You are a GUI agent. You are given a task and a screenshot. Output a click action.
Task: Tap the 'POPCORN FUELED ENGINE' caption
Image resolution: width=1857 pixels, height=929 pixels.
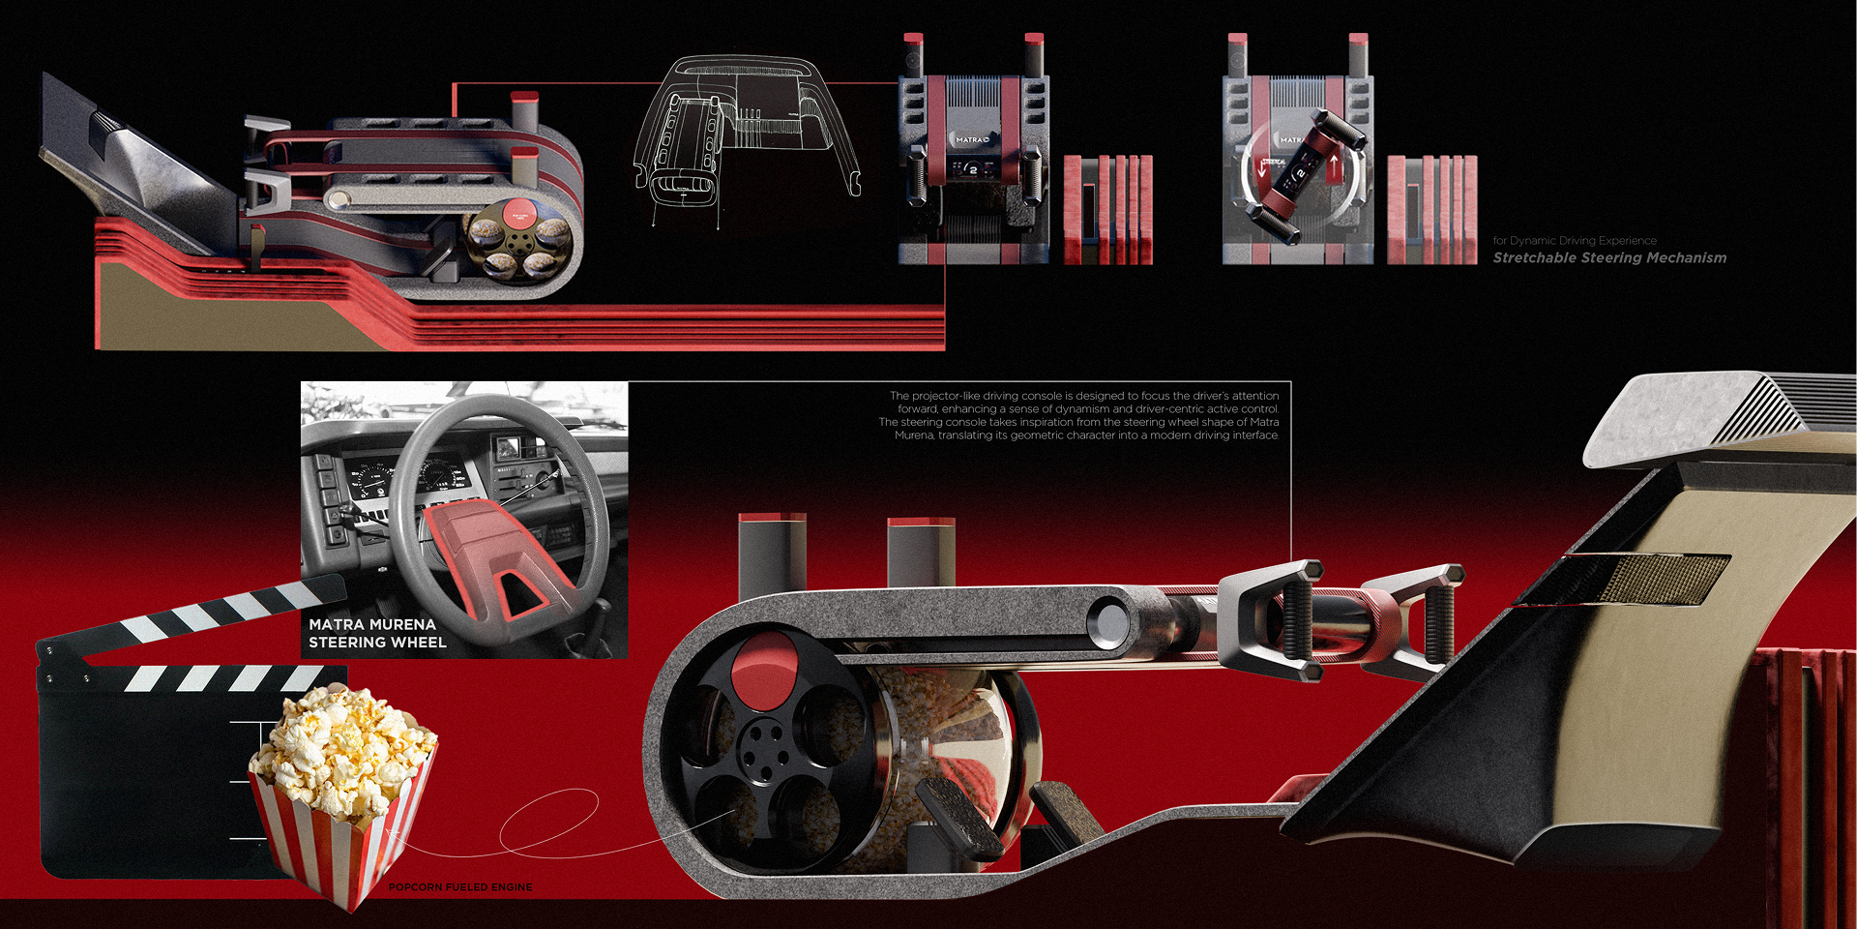(460, 887)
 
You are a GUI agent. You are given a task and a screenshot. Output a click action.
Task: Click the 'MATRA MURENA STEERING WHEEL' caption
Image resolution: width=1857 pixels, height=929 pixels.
(377, 634)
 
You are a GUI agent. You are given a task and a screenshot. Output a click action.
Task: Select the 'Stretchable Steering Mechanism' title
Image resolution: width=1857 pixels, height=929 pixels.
(1609, 258)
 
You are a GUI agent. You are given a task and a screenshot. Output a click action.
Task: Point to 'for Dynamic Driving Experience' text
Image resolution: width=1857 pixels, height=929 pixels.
(1575, 241)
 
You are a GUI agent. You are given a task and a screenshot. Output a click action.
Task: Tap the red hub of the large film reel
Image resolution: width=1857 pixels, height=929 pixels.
(764, 670)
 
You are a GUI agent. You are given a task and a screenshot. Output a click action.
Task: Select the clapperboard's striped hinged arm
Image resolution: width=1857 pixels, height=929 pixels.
(193, 614)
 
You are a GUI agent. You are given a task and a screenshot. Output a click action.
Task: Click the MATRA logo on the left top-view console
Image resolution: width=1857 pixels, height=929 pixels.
(972, 140)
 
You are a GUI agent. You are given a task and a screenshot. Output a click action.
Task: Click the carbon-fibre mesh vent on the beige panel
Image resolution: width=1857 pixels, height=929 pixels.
(1644, 579)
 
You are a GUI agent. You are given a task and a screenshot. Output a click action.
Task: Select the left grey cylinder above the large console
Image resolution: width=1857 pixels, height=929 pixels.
(771, 556)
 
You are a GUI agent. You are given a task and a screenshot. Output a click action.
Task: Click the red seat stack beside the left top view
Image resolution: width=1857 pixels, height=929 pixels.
(1108, 208)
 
